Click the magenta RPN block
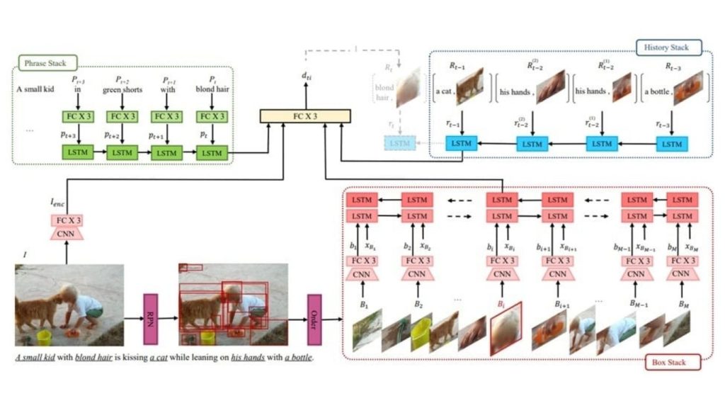150,314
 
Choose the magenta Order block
314,314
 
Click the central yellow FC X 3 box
305,115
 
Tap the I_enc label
57,203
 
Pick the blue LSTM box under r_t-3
670,144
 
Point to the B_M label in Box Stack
683,304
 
